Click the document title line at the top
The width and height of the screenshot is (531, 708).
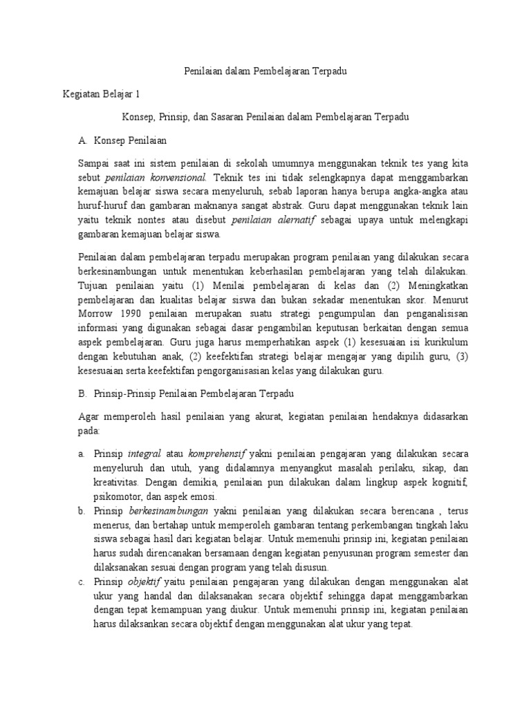(265, 71)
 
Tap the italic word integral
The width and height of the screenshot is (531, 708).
(145, 454)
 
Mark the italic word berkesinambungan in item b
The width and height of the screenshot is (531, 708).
(169, 512)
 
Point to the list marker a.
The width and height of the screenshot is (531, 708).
(82, 454)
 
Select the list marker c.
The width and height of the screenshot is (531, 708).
(82, 582)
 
